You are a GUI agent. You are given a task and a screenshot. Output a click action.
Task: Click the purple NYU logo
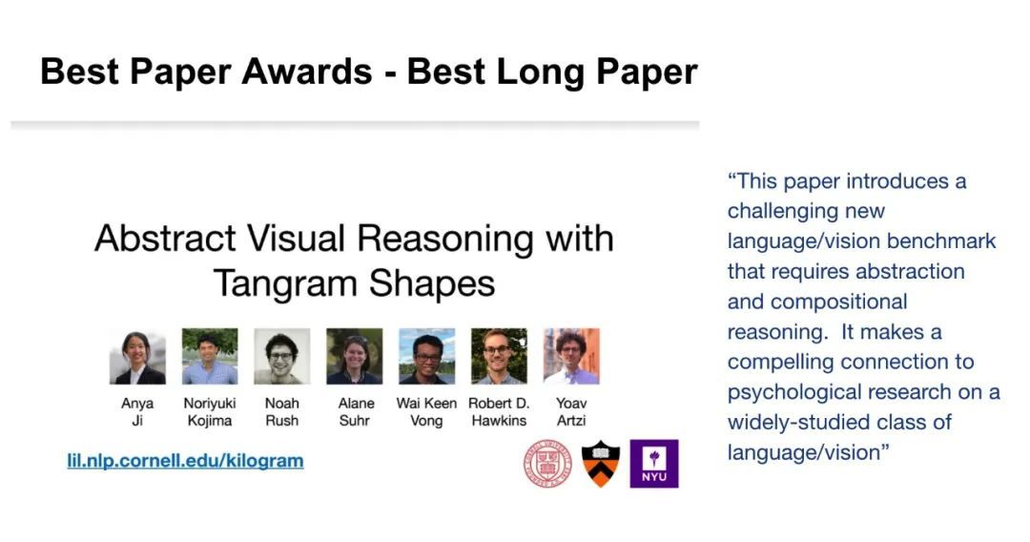click(x=654, y=464)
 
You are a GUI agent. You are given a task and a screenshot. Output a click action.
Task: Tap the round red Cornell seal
click(x=547, y=464)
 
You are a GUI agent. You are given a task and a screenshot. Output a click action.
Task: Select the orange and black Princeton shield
click(x=601, y=464)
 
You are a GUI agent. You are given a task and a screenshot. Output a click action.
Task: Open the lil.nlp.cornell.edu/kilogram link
click(x=185, y=461)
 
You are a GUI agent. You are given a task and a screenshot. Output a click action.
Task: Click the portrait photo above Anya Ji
click(x=137, y=357)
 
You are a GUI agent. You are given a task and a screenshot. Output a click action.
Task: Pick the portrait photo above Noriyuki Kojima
click(x=210, y=357)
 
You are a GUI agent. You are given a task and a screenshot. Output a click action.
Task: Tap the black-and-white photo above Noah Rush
click(x=281, y=357)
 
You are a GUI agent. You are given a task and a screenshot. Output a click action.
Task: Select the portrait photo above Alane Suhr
click(x=354, y=357)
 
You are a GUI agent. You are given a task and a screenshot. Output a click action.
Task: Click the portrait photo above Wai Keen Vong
click(x=427, y=357)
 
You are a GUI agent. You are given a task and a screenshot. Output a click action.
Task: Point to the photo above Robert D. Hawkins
click(x=499, y=357)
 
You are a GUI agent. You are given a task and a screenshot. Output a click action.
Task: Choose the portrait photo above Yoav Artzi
click(x=571, y=357)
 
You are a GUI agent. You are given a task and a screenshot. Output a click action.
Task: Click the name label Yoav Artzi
click(x=571, y=412)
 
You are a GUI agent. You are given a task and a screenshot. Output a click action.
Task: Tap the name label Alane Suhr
click(x=356, y=412)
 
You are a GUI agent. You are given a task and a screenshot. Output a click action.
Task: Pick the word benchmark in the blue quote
click(x=941, y=241)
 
